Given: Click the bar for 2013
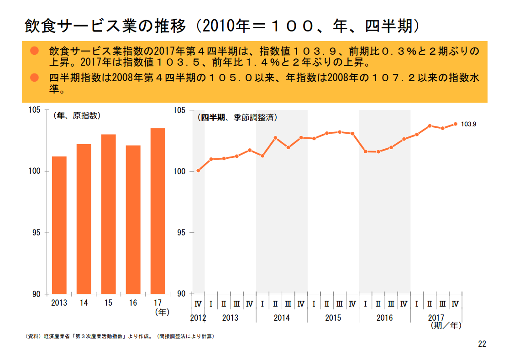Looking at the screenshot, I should click(59, 225).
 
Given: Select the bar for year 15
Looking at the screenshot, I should click(108, 214).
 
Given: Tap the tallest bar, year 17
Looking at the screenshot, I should click(157, 211).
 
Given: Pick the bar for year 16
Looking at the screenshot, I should click(133, 219).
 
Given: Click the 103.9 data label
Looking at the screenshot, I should click(468, 124).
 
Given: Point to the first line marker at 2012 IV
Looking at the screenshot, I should click(198, 171).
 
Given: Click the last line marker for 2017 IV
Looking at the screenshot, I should click(455, 124).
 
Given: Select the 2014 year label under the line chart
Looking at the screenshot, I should click(282, 318).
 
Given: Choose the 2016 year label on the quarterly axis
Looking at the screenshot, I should click(384, 318).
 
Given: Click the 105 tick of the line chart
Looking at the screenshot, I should click(180, 110).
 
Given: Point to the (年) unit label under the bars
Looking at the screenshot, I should click(162, 312).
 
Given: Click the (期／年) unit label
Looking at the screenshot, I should click(446, 326).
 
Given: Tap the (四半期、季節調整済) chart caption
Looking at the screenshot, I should click(237, 117).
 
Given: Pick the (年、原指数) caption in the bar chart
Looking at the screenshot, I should click(77, 116).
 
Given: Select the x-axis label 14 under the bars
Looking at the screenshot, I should click(84, 303).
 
